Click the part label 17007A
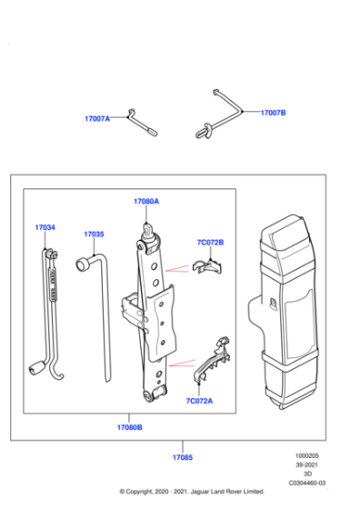tap(98, 117)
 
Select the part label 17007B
tap(273, 113)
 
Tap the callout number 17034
tap(45, 227)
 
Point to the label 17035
tap(95, 234)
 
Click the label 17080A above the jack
tap(145, 201)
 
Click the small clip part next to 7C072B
tap(211, 266)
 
